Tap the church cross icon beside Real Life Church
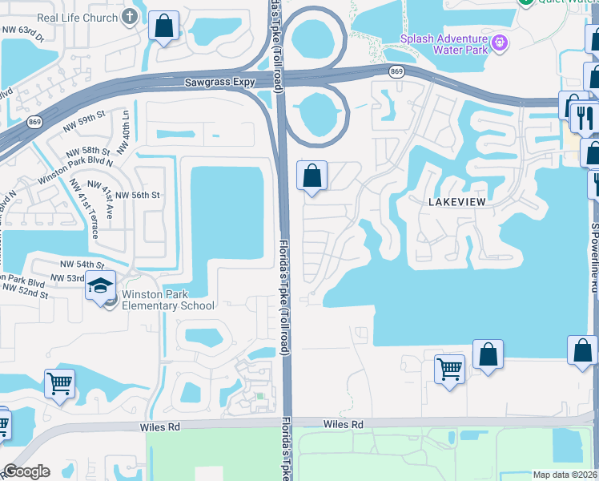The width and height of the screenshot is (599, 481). click(x=128, y=18)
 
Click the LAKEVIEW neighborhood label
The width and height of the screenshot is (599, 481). click(x=456, y=202)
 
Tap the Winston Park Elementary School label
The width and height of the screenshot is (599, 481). click(x=168, y=299)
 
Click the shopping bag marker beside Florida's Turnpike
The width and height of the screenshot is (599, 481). click(x=312, y=176)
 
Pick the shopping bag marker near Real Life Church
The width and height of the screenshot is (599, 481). click(x=163, y=26)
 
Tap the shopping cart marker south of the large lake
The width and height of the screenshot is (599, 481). click(x=449, y=370)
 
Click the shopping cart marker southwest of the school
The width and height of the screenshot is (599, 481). click(x=59, y=383)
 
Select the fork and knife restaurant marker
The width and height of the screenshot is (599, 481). click(x=584, y=118)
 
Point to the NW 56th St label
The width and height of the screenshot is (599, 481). click(x=139, y=195)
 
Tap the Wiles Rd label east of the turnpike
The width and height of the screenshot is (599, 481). click(x=344, y=423)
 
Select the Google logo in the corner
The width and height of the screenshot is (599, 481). click(x=26, y=471)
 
